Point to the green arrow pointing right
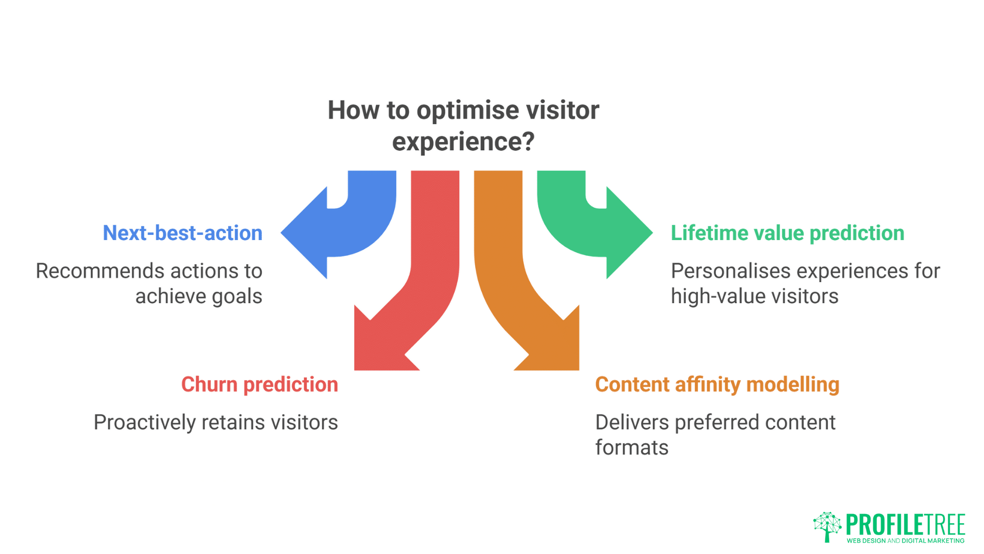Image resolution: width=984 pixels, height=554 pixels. click(x=594, y=226)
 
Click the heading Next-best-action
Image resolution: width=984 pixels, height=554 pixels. click(x=182, y=233)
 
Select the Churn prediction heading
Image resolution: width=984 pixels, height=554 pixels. click(x=259, y=385)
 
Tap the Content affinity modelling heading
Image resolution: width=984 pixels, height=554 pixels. click(x=717, y=385)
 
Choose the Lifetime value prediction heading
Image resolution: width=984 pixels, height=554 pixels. click(x=787, y=233)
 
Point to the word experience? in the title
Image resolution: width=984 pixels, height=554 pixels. click(x=463, y=142)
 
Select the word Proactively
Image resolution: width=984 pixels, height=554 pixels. click(x=145, y=423)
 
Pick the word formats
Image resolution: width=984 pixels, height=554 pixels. click(x=631, y=448)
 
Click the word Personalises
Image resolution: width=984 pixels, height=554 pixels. click(x=730, y=271)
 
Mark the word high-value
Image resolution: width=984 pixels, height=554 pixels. click(x=717, y=296)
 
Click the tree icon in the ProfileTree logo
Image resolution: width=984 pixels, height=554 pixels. click(x=827, y=526)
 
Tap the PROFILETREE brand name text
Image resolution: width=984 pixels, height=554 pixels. click(x=906, y=524)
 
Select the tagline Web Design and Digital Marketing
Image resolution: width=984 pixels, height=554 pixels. click(x=906, y=541)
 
